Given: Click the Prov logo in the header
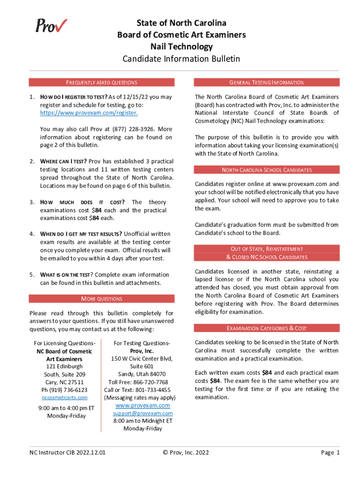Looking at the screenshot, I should pyautogui.click(x=51, y=25).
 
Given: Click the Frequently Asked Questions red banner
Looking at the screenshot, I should pyautogui.click(x=101, y=82).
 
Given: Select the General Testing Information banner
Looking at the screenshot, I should pyautogui.click(x=266, y=82).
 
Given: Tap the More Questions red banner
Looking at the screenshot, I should pyautogui.click(x=101, y=298).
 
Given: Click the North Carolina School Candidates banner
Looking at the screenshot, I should pyautogui.click(x=266, y=170).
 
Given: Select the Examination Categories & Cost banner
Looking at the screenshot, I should pyautogui.click(x=266, y=328).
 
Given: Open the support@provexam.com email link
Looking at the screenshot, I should pyautogui.click(x=143, y=414).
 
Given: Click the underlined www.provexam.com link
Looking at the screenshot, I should pyautogui.click(x=143, y=406).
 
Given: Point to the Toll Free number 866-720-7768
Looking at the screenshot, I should pyautogui.click(x=138, y=382).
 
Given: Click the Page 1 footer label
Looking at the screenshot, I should pyautogui.click(x=330, y=452).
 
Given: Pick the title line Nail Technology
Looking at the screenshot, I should pyautogui.click(x=181, y=47).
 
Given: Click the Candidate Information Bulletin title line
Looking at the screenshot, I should pyautogui.click(x=181, y=59).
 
